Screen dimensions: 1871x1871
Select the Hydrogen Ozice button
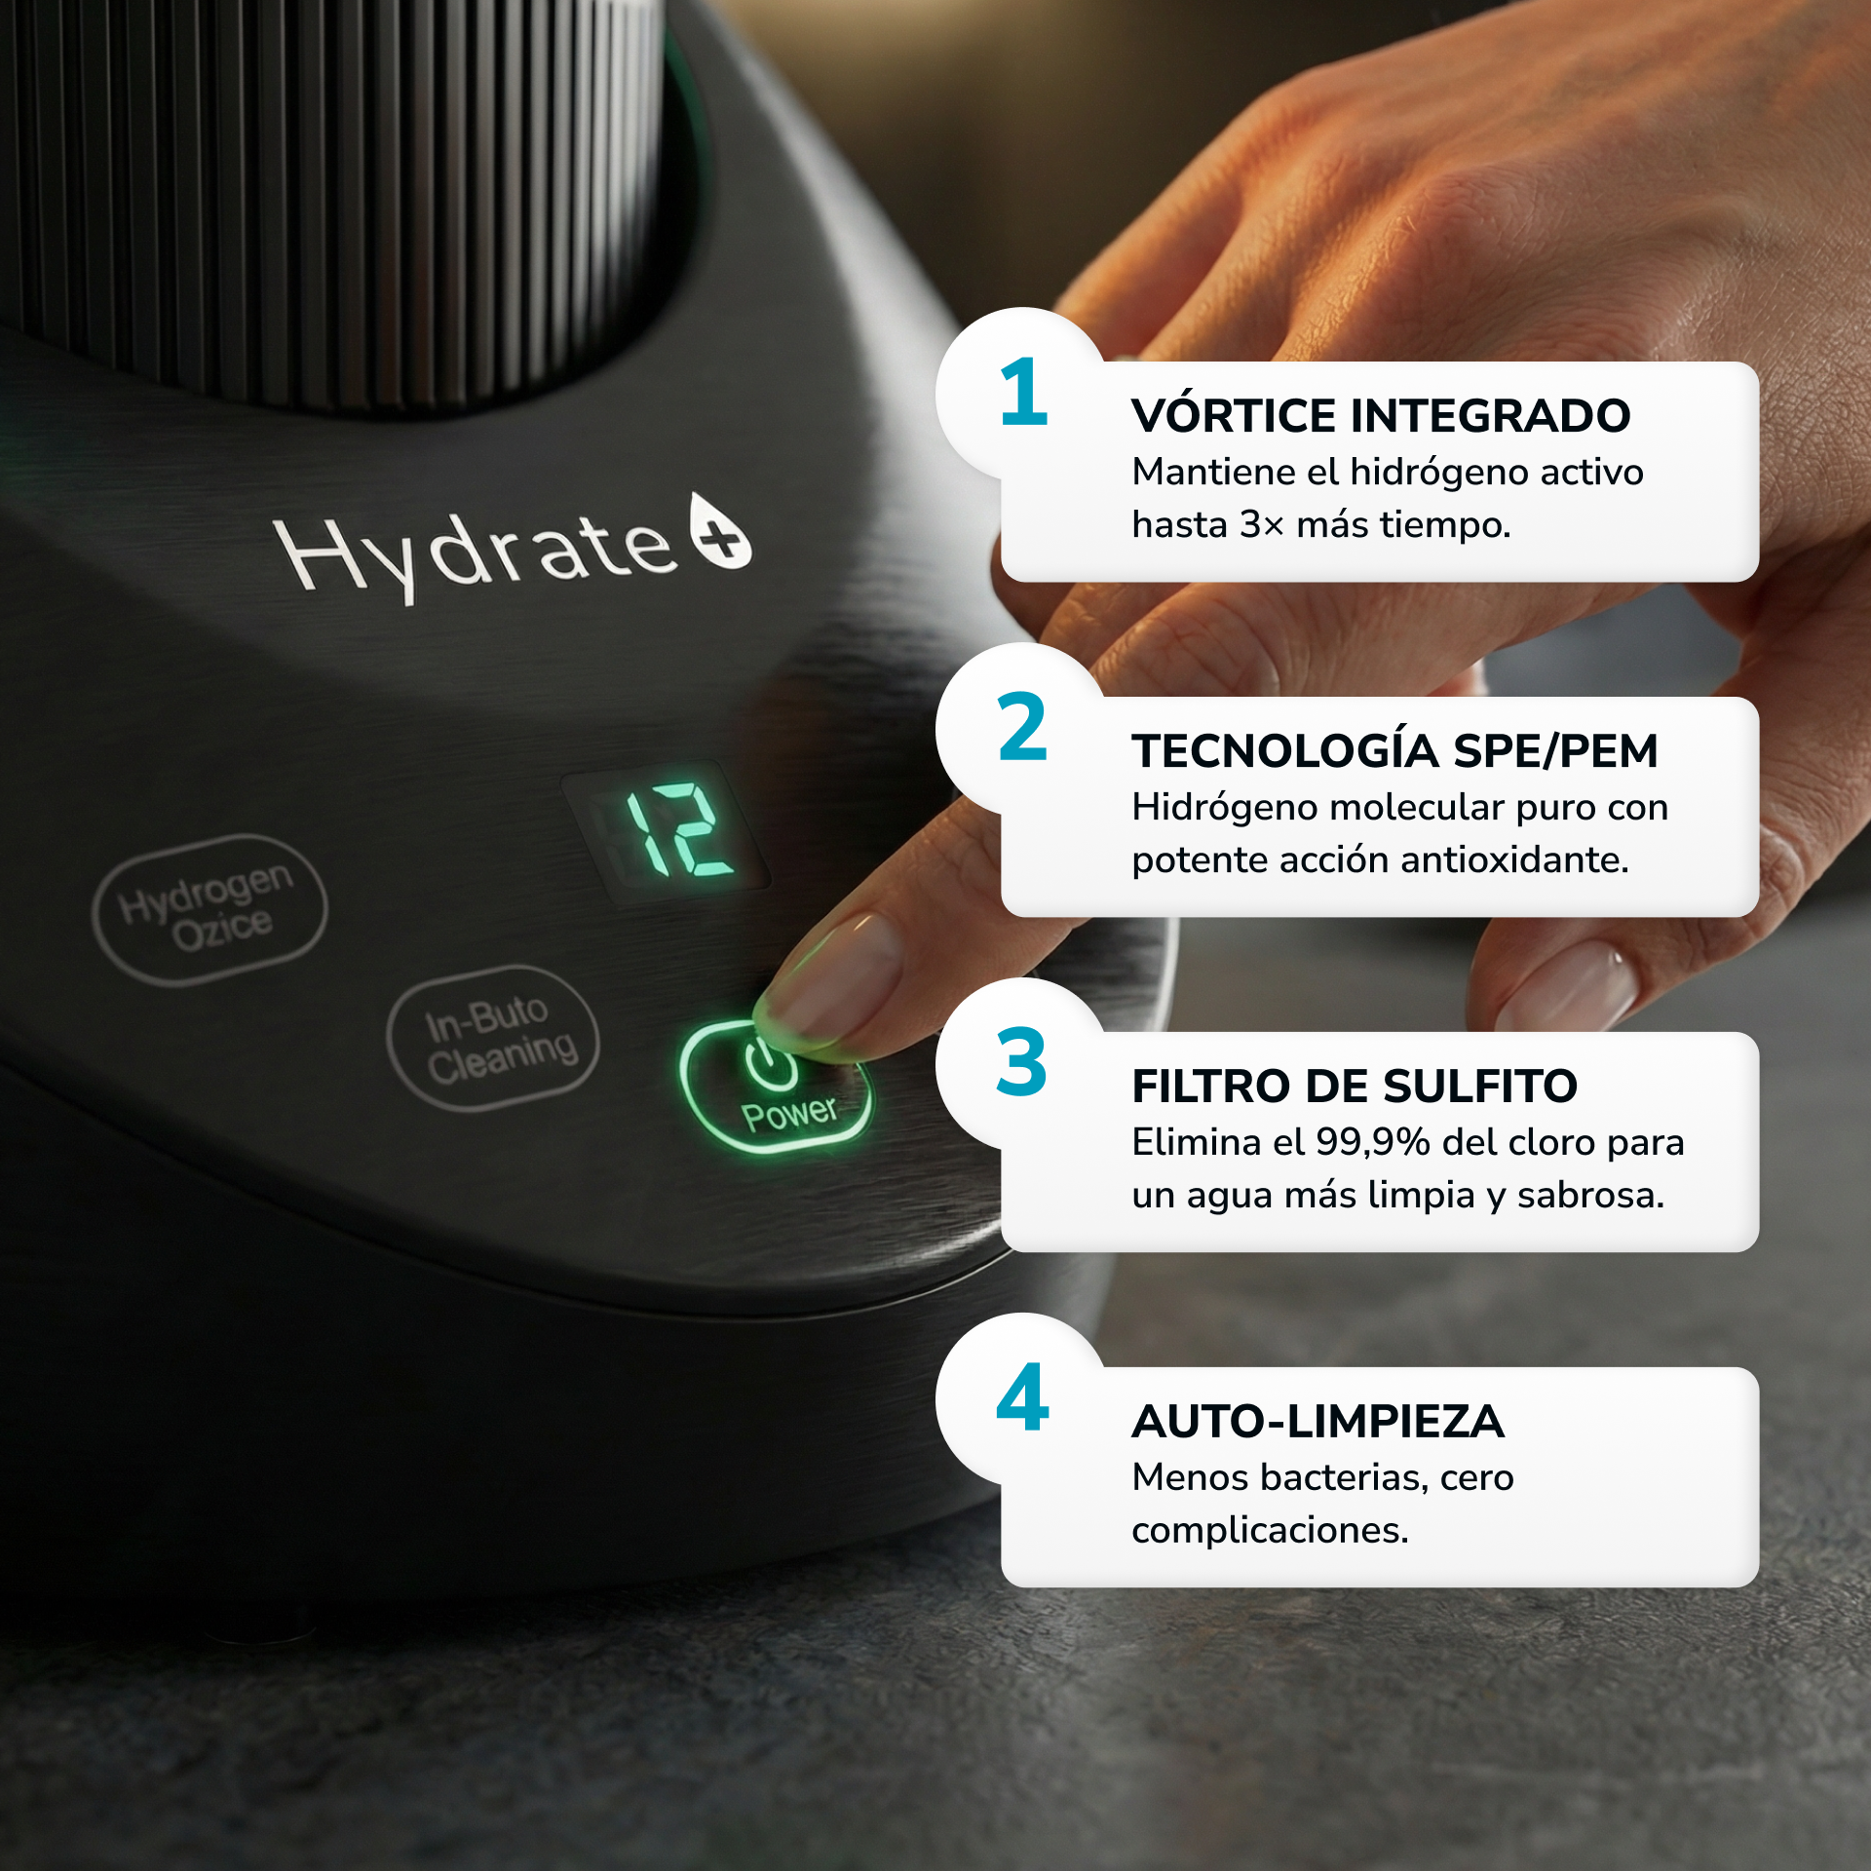click(210, 909)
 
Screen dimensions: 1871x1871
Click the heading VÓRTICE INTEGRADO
click(1381, 416)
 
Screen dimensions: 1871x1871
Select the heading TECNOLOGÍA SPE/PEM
click(1394, 751)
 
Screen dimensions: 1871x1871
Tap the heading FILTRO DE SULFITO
click(1355, 1087)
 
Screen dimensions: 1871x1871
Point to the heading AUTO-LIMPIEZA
click(1317, 1422)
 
